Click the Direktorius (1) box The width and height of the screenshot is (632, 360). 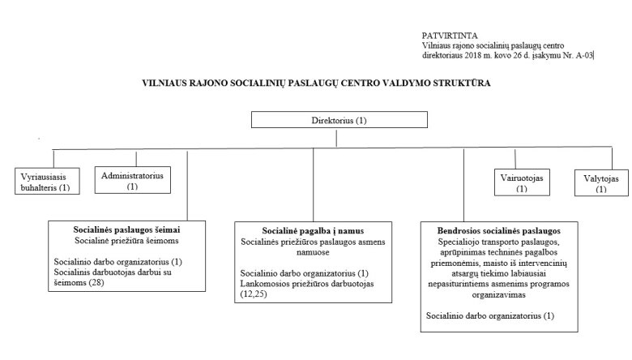339,121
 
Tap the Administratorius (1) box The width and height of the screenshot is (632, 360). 132,179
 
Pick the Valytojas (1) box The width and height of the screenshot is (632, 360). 600,182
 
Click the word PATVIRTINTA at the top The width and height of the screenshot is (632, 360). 450,36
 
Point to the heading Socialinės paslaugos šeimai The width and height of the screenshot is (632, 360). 127,229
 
